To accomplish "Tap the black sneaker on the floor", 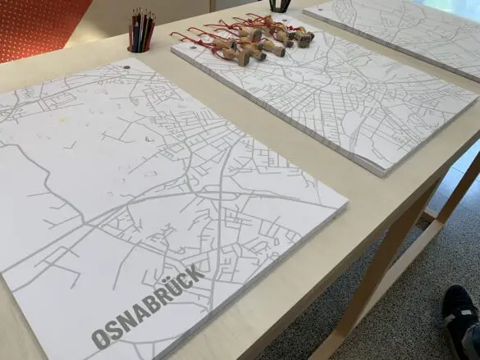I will (461, 320).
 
